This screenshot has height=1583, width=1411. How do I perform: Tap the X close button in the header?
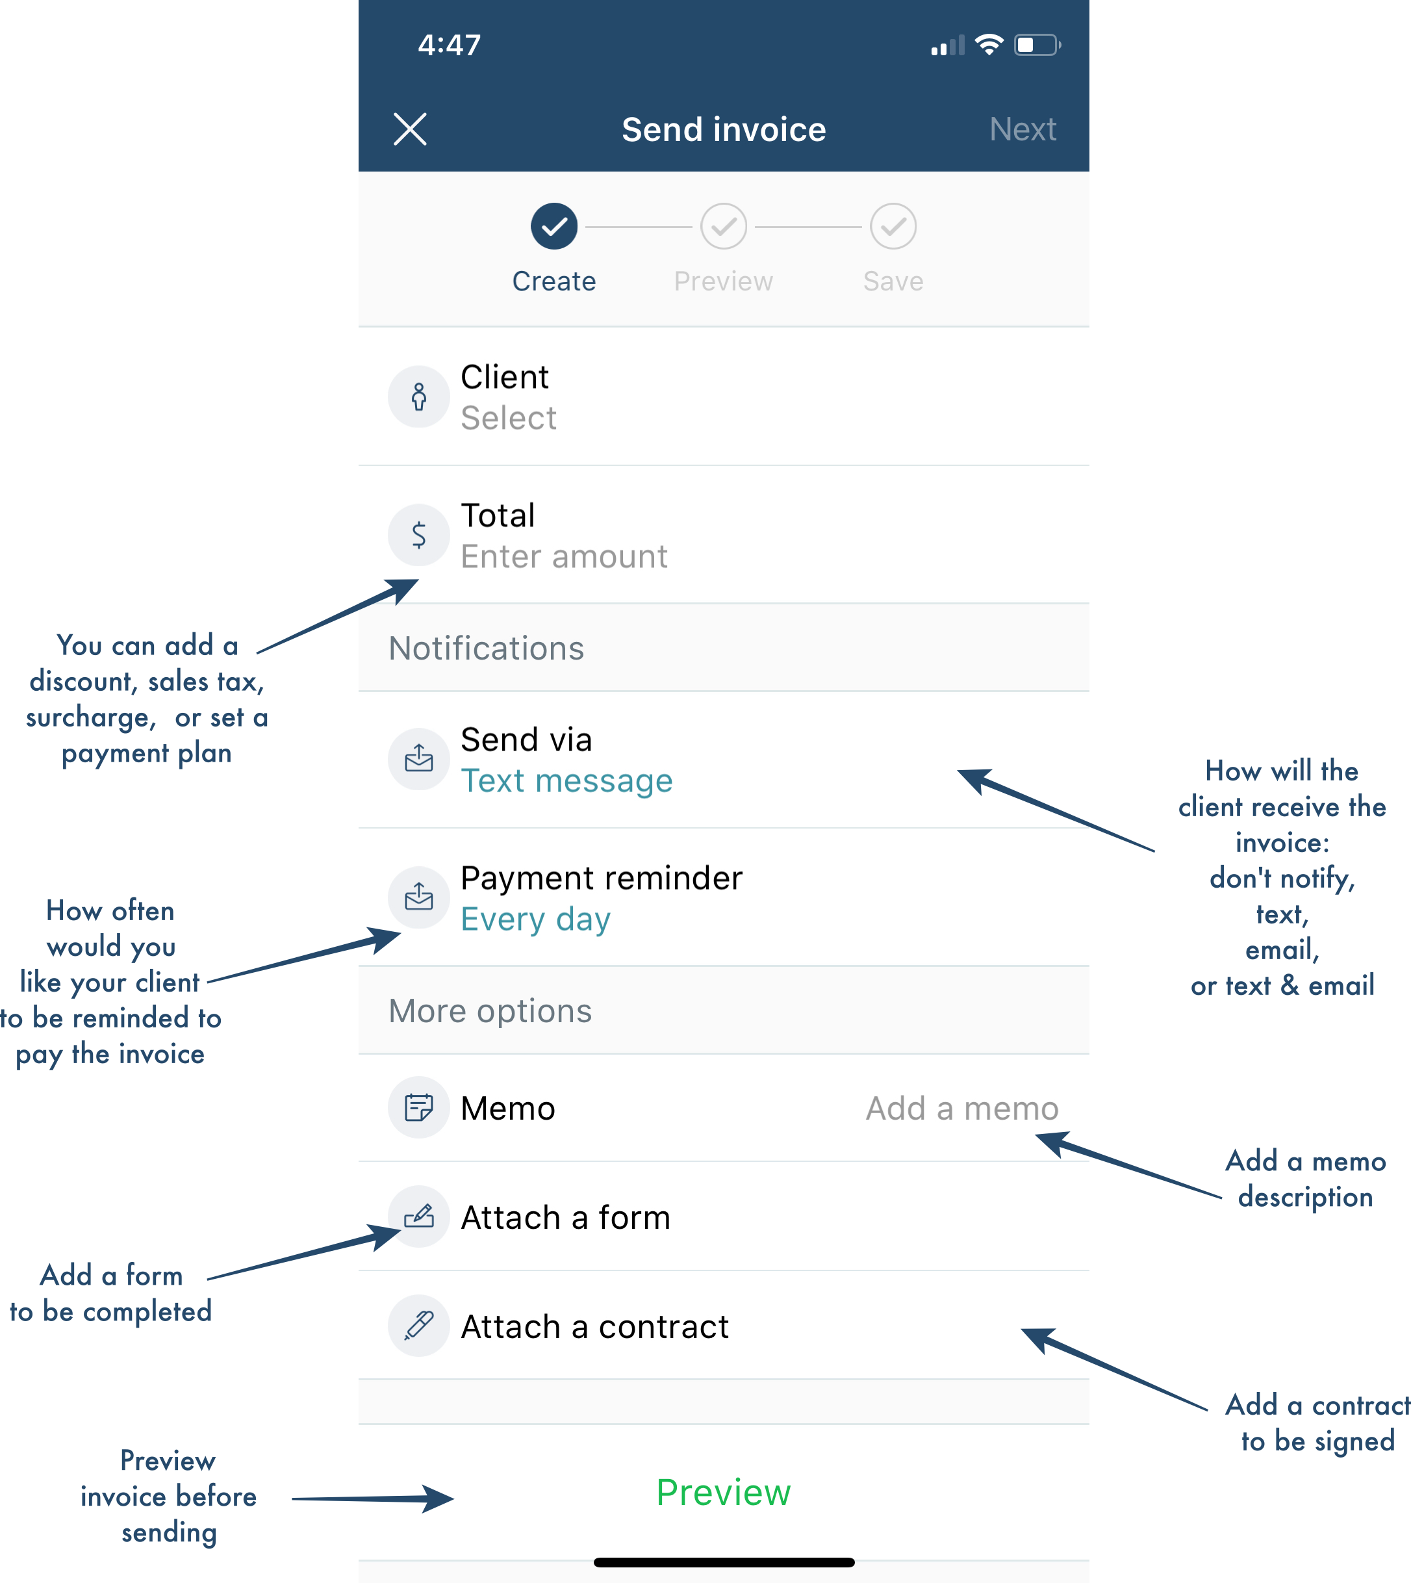(410, 129)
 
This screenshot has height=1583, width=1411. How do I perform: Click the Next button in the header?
(1023, 129)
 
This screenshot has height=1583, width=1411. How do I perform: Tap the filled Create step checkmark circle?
(554, 227)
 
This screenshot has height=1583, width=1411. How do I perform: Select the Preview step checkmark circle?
(723, 227)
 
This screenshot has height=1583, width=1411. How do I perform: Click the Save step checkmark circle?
(893, 227)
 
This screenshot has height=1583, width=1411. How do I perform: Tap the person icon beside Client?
(418, 396)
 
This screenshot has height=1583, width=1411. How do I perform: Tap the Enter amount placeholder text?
(565, 556)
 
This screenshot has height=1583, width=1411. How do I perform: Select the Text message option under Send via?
(566, 780)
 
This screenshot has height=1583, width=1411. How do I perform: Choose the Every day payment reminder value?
(536, 919)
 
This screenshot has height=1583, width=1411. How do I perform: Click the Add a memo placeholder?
(962, 1109)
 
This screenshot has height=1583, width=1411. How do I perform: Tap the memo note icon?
(418, 1107)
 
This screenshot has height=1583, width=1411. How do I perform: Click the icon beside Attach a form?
(418, 1216)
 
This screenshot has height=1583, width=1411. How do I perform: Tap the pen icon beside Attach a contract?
(418, 1326)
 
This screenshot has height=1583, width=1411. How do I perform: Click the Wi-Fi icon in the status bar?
(989, 45)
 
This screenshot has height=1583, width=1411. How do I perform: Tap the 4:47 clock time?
(450, 45)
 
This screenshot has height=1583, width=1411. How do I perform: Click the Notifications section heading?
(486, 649)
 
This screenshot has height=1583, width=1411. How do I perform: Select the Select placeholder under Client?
(509, 418)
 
